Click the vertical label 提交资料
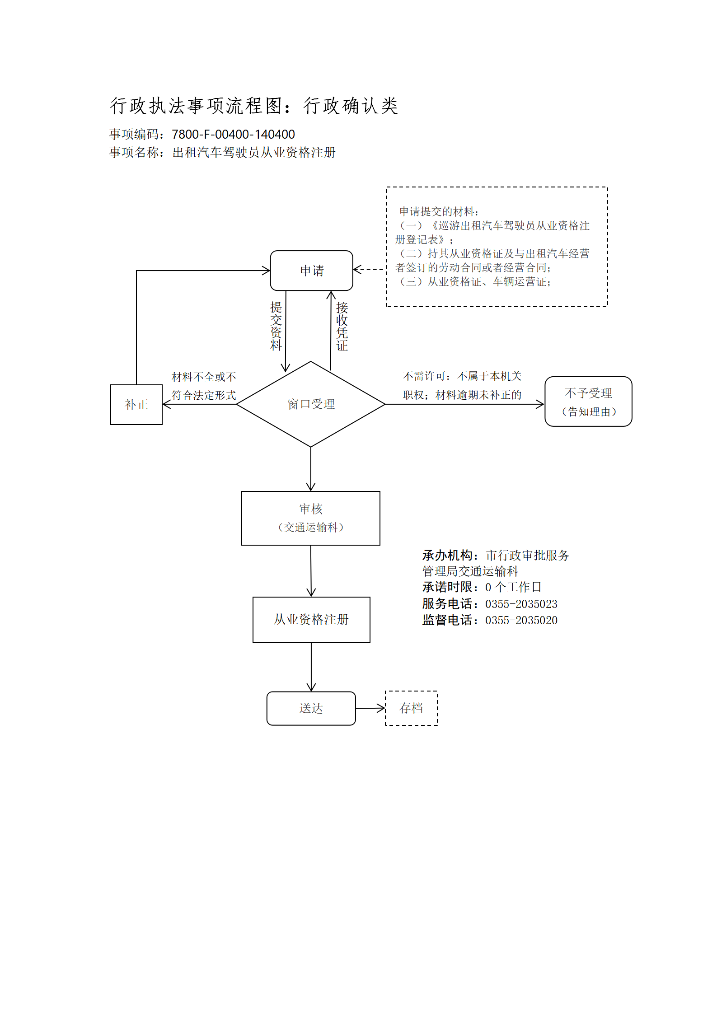tap(276, 327)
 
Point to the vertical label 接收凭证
tap(342, 327)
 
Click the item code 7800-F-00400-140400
tap(233, 134)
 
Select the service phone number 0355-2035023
tap(521, 604)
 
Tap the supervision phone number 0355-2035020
tap(521, 620)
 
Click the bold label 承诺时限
tap(447, 587)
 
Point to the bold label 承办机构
tap(447, 555)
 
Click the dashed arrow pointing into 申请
tap(370, 270)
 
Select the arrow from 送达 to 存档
tap(370, 708)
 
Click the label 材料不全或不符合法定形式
tap(204, 386)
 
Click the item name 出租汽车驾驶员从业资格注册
tap(254, 153)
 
